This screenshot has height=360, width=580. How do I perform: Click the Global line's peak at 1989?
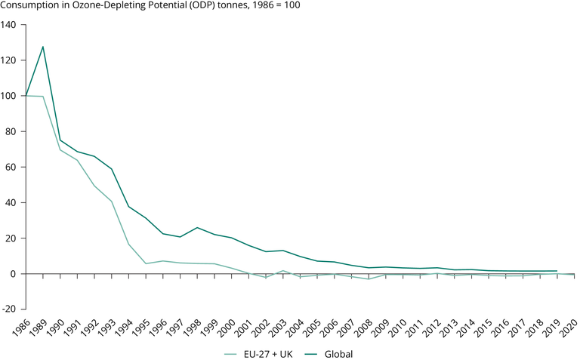43,47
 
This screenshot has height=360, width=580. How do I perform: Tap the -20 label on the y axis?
9,309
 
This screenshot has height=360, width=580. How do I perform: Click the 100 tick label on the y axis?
9,96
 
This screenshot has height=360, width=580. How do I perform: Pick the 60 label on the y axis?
11,167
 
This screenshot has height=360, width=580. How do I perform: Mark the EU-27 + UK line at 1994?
128,244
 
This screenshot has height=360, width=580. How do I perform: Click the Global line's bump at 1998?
197,227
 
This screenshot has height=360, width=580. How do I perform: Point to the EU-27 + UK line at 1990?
60,150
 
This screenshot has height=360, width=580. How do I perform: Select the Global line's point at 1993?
112,168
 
